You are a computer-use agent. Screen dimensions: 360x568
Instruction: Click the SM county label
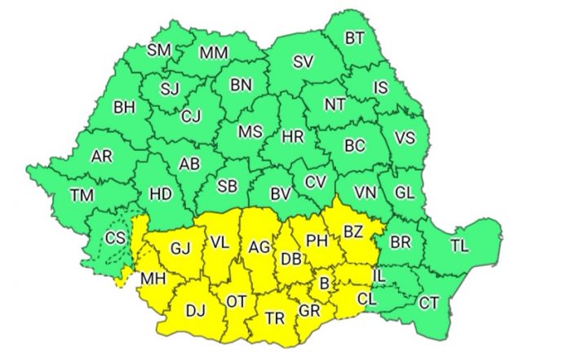click(158, 51)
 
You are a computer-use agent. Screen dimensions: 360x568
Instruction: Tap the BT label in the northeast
click(355, 38)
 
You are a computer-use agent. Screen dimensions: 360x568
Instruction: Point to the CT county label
click(429, 303)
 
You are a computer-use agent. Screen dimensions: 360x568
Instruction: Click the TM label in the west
click(82, 194)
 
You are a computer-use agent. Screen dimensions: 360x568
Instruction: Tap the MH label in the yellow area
click(153, 278)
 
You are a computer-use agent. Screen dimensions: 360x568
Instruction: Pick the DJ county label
click(196, 309)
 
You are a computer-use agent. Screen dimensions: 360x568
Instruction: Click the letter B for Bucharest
click(325, 283)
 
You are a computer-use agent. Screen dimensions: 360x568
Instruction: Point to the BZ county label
click(353, 232)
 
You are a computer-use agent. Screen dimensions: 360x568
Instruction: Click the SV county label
click(304, 61)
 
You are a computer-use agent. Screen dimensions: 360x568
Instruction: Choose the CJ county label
click(190, 117)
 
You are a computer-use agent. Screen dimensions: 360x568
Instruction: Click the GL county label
click(404, 193)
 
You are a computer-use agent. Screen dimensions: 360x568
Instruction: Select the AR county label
click(102, 156)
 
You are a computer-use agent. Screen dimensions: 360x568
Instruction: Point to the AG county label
click(259, 247)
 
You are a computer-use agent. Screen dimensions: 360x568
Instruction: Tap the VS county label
click(405, 139)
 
